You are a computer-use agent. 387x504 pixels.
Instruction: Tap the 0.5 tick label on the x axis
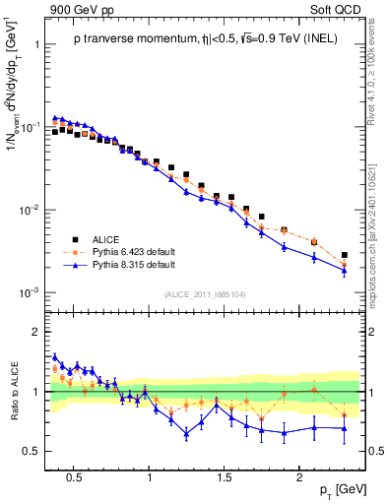point(73,476)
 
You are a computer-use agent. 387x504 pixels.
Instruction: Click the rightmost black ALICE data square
point(344,255)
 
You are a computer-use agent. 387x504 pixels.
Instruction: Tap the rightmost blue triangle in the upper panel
point(344,270)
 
